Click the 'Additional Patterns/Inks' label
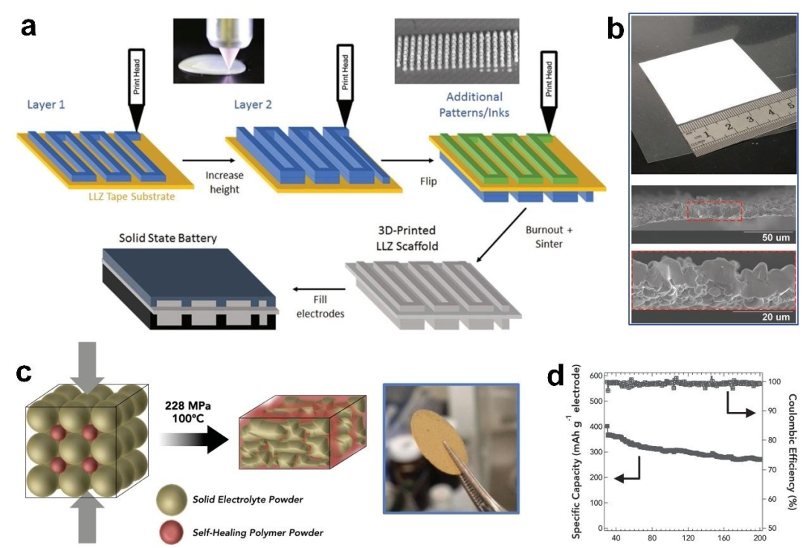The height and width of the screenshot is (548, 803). [x=474, y=105]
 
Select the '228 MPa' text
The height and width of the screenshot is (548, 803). [x=190, y=390]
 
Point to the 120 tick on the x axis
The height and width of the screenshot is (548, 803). [x=687, y=538]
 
